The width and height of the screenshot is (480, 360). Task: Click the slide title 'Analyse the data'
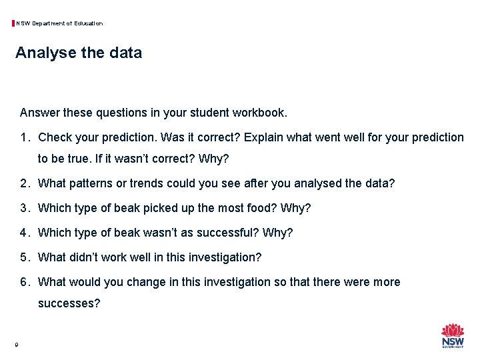79,53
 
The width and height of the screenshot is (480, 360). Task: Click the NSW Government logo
453,335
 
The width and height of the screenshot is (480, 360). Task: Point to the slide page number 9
16,345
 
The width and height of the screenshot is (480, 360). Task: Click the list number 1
24,138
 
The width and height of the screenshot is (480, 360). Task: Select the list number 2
24,183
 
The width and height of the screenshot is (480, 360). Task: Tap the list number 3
24,208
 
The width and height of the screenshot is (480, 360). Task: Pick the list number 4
24,233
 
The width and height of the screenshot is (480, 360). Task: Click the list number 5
24,257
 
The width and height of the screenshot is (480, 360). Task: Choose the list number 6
24,282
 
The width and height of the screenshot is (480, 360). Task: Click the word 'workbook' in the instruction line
261,113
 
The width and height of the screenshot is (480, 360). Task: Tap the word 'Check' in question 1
55,138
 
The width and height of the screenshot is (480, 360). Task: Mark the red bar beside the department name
13,23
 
